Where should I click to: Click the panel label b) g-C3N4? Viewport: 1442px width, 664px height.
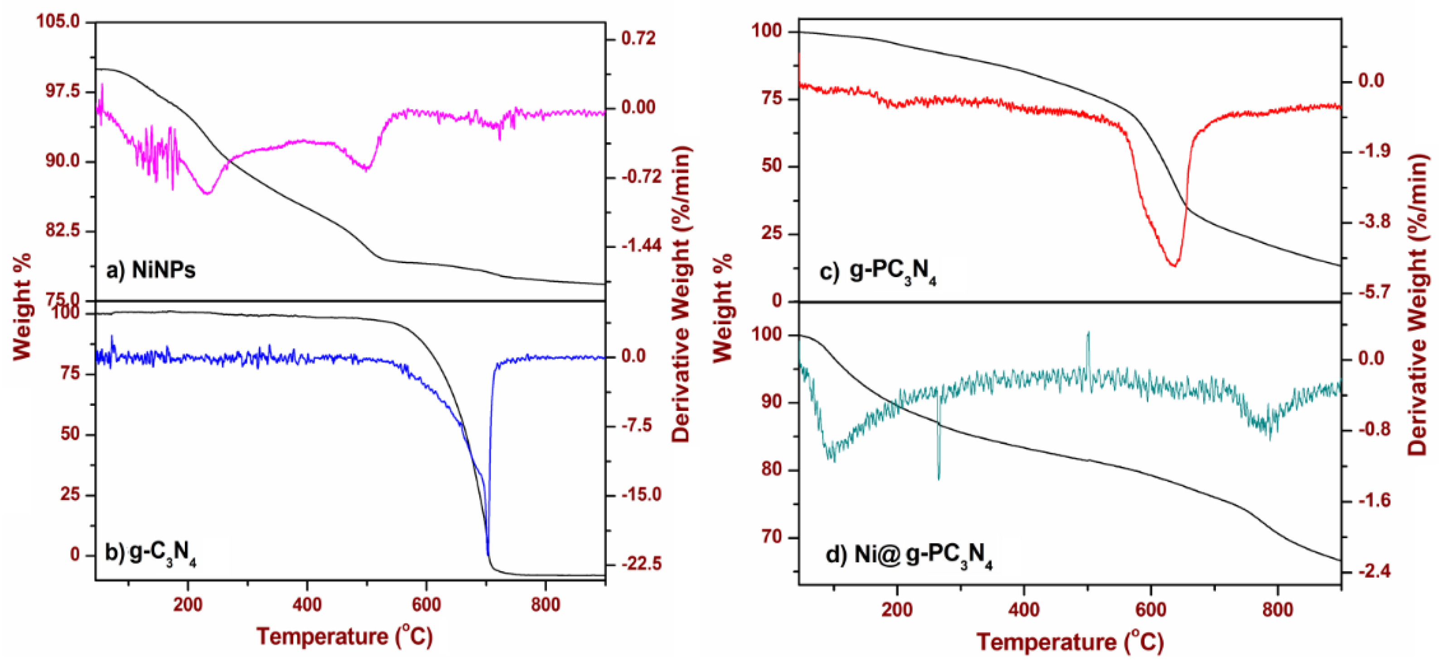150,554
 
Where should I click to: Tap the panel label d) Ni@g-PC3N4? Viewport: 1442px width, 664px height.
909,555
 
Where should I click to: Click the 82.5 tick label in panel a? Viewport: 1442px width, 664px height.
63,231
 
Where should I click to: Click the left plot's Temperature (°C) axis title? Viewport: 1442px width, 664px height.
344,636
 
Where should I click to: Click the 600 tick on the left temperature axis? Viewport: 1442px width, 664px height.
426,604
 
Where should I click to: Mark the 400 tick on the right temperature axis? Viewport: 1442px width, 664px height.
1024,609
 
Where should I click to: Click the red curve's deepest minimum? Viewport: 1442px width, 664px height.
1174,265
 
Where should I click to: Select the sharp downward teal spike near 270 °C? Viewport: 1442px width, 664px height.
939,479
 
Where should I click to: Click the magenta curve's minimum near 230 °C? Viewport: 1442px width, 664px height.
208,193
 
